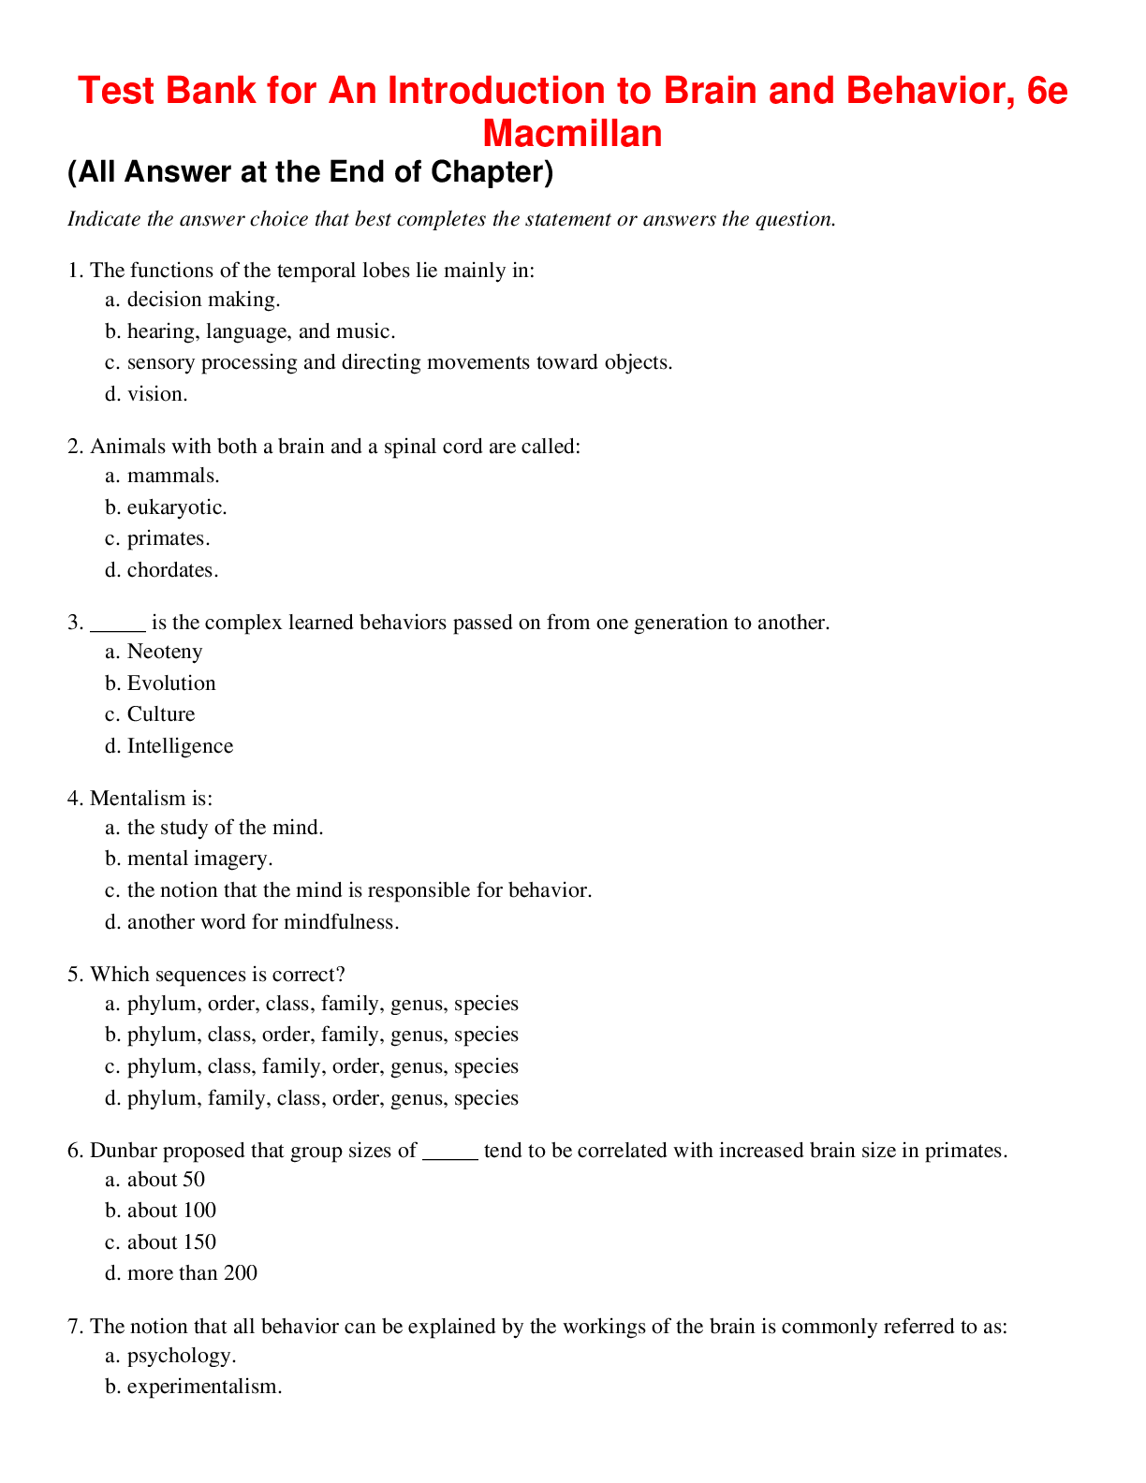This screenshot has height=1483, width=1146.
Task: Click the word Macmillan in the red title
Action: (x=572, y=134)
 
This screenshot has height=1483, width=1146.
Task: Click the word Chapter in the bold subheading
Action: (x=484, y=172)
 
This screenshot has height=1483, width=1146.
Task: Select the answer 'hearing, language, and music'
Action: (x=260, y=331)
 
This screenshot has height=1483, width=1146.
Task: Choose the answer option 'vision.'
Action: (x=157, y=394)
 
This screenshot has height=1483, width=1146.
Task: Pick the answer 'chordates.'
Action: (x=172, y=570)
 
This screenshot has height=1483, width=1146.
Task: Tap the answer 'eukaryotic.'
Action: (x=177, y=507)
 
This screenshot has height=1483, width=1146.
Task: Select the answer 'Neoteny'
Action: (x=165, y=652)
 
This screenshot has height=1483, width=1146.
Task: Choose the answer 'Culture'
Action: (x=161, y=714)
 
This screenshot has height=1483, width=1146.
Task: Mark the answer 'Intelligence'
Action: (x=180, y=746)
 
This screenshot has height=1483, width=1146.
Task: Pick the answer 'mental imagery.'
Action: (x=199, y=859)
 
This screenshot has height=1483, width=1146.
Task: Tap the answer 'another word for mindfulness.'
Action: (x=263, y=922)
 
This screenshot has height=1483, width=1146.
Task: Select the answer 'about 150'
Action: (x=171, y=1242)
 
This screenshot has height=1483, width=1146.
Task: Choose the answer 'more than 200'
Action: (x=192, y=1273)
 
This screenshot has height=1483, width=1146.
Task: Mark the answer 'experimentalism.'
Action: (x=204, y=1387)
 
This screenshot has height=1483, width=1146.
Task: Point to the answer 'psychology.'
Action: (x=182, y=1356)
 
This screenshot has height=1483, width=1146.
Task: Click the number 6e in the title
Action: (x=1047, y=91)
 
